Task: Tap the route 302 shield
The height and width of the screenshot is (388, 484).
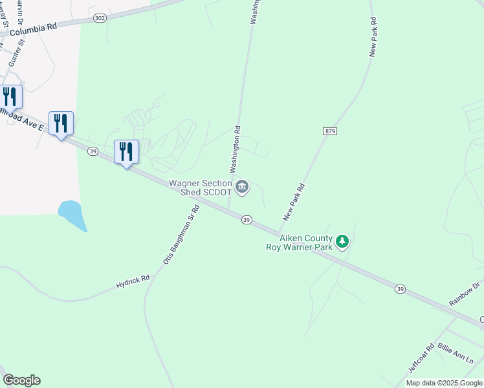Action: click(99, 19)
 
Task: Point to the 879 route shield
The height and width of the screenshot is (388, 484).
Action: click(330, 131)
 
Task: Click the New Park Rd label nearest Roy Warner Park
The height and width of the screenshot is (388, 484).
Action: click(293, 202)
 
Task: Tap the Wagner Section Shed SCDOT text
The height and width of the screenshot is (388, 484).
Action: click(200, 188)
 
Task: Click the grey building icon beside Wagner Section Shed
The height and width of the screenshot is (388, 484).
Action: click(242, 188)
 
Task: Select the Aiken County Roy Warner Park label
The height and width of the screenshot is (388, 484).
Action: click(300, 242)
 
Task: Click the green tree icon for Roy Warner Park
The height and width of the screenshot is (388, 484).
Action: click(342, 242)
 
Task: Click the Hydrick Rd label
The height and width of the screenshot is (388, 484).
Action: click(133, 282)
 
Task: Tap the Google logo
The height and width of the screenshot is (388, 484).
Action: click(21, 380)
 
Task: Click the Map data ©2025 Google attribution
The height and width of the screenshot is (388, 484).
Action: click(444, 383)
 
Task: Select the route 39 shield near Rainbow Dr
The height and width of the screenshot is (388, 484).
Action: click(401, 289)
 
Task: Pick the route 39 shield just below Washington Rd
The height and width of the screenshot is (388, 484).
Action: click(247, 220)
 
